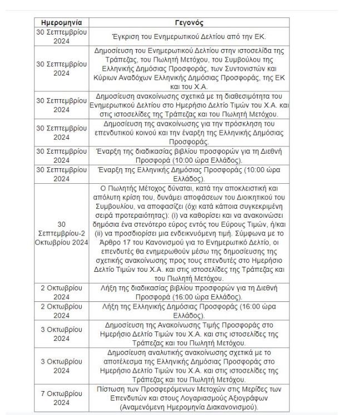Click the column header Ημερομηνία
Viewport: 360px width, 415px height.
pyautogui.click(x=61, y=23)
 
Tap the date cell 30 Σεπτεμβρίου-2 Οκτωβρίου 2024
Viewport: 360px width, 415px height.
pyautogui.click(x=61, y=233)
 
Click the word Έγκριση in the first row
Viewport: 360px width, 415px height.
pyautogui.click(x=127, y=37)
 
